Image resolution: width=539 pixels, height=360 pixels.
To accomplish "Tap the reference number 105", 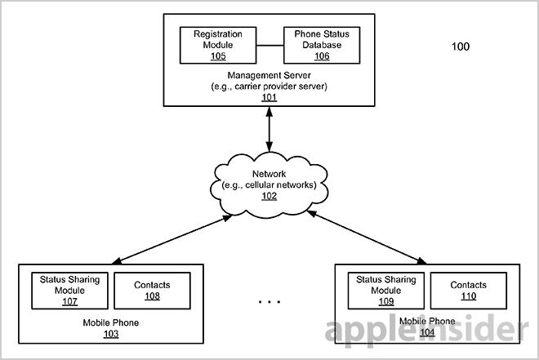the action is [218, 56].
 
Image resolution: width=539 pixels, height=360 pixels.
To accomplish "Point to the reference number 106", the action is [322, 56].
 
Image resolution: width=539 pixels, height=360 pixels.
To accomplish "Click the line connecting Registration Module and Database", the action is [269, 45].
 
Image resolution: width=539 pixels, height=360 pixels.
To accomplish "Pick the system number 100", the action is [461, 47].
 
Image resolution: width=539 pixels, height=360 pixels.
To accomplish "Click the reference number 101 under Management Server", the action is [269, 98].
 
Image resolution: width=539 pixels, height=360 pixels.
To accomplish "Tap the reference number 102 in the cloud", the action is [269, 196].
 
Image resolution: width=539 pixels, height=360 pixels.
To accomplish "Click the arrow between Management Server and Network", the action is [269, 129].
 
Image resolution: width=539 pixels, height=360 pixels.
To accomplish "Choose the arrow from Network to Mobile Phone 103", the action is [172, 240].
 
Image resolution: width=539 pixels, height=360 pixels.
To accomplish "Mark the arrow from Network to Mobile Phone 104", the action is [367, 238].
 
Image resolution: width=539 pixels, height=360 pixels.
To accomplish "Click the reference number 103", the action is [111, 334].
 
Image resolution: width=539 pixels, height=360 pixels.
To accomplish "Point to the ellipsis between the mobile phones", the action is [269, 302].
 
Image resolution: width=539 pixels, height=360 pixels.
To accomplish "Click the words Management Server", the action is [269, 75].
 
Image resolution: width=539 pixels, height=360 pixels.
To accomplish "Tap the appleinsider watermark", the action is [426, 329].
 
